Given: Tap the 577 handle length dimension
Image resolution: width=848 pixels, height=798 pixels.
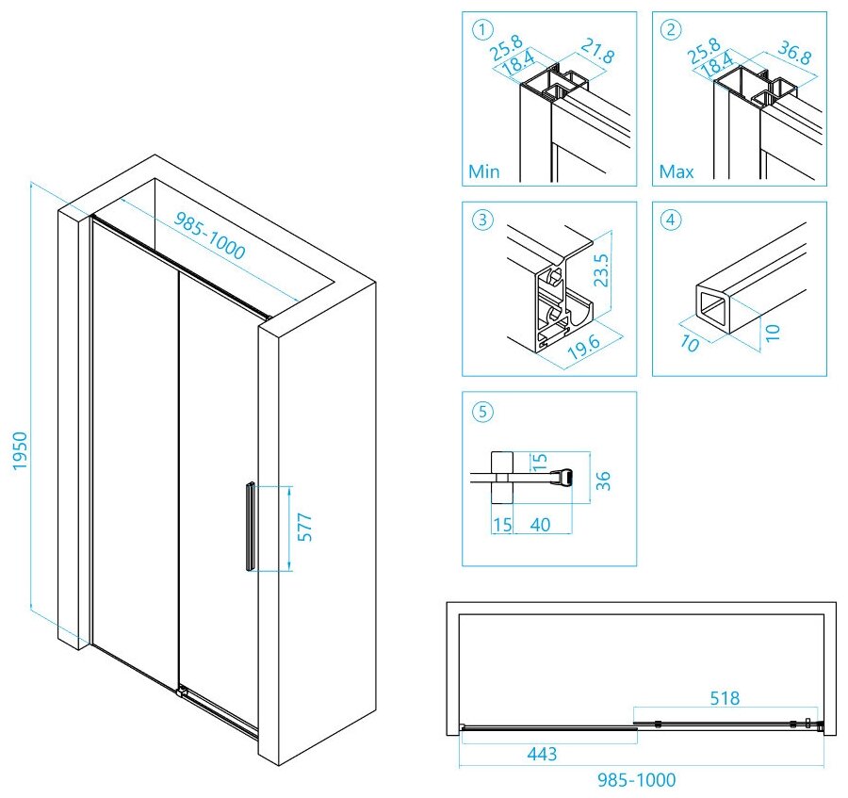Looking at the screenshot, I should tap(304, 529).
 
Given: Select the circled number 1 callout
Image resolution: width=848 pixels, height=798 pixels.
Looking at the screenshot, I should tap(482, 30).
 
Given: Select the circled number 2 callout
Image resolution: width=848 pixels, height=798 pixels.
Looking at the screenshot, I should tap(671, 30).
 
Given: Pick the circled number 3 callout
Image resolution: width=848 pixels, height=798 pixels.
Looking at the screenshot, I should tap(482, 220).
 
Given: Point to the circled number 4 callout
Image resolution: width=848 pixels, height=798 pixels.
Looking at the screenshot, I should tap(671, 220).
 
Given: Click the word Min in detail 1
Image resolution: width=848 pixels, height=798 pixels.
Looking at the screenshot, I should tap(484, 172).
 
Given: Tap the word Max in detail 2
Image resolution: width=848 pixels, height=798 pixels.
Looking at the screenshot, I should tap(677, 172).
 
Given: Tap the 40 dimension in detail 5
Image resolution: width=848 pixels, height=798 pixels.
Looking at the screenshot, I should tap(540, 524).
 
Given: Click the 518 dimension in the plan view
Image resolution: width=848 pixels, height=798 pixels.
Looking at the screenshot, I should tap(726, 699).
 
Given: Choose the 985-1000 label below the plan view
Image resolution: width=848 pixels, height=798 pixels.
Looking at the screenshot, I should tap(641, 780).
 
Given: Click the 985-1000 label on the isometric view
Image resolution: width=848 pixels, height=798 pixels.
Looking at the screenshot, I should tap(210, 235).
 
